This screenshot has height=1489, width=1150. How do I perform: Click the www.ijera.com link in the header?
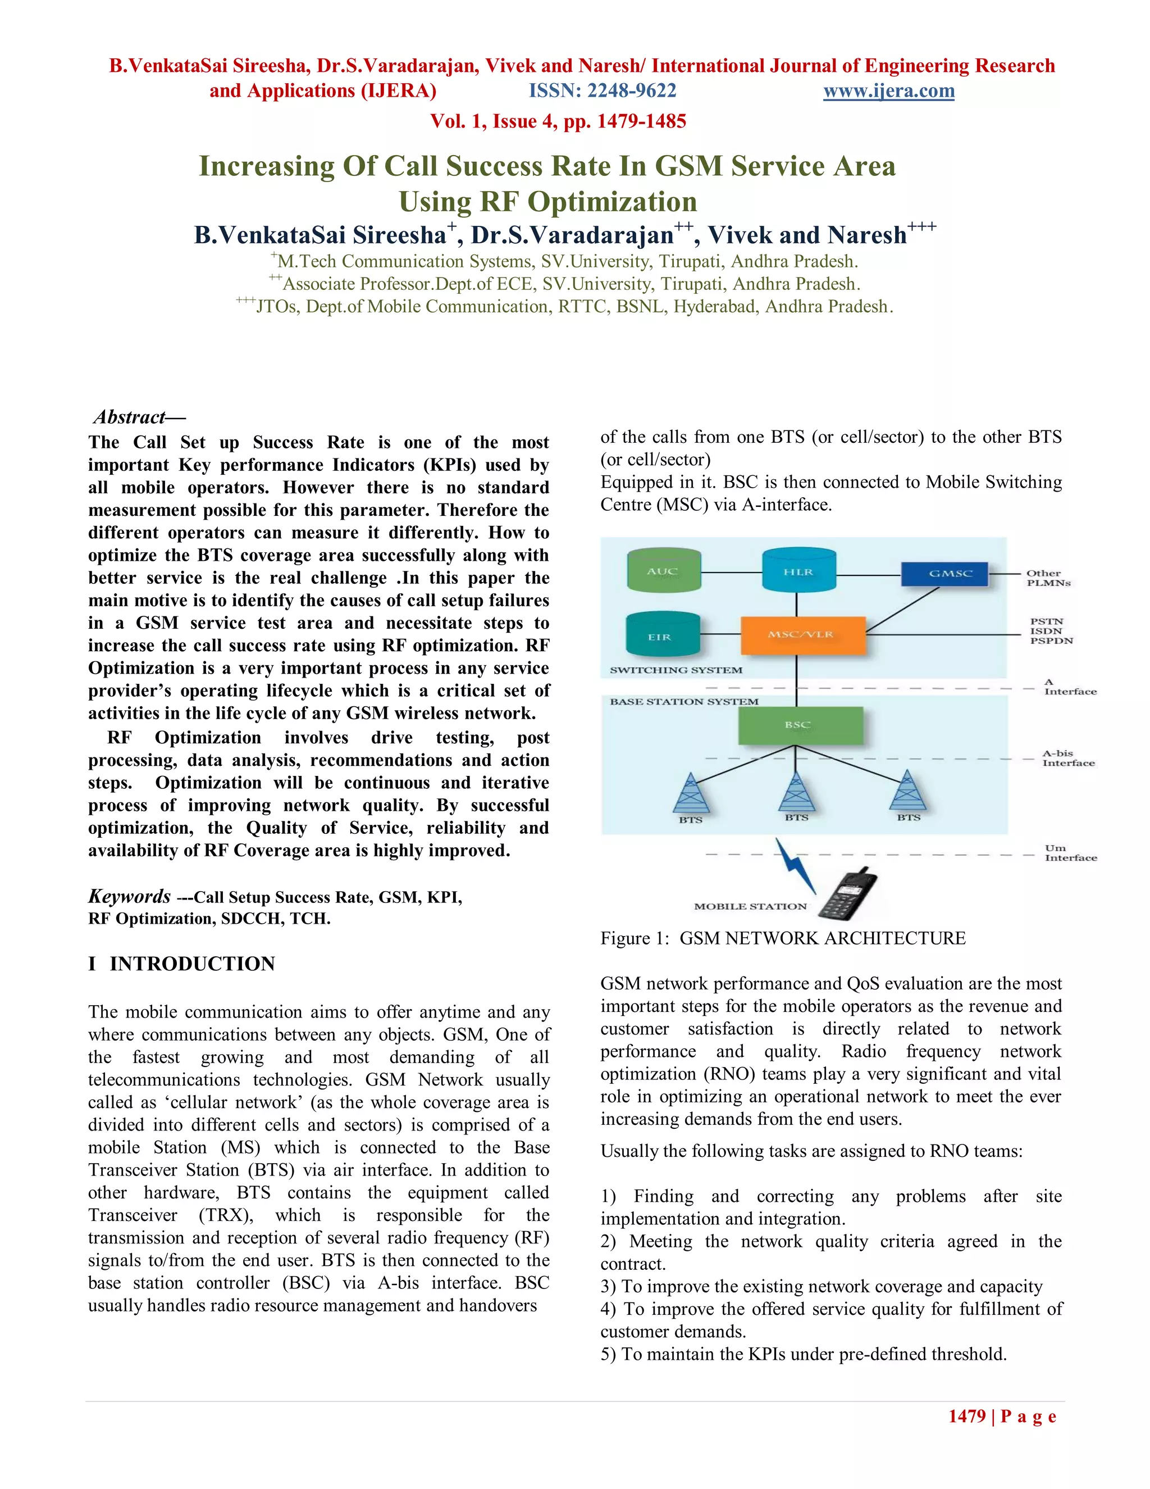(x=888, y=90)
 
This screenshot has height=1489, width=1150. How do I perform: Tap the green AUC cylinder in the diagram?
(x=662, y=571)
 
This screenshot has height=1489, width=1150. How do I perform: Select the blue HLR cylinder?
(x=798, y=571)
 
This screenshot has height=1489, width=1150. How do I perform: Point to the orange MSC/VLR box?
(x=802, y=635)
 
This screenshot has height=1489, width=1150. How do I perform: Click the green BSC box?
(x=800, y=726)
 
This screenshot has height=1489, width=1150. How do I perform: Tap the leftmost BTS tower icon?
(x=691, y=795)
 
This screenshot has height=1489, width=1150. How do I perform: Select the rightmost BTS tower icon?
(x=907, y=792)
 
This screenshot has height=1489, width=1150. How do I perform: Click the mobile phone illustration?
(x=847, y=895)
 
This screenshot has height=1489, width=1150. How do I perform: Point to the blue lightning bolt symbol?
(x=795, y=866)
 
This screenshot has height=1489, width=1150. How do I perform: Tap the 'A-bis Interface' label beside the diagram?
(x=1067, y=758)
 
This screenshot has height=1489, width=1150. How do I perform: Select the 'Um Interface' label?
(x=1070, y=853)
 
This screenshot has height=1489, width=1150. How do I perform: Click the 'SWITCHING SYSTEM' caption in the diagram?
(x=676, y=670)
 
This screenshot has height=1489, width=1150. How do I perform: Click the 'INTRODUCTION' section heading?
(x=192, y=964)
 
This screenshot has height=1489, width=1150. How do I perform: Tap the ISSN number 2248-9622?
(x=603, y=90)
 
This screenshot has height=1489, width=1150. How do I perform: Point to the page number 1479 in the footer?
(x=968, y=1416)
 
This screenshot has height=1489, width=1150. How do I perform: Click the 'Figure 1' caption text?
(x=782, y=938)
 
